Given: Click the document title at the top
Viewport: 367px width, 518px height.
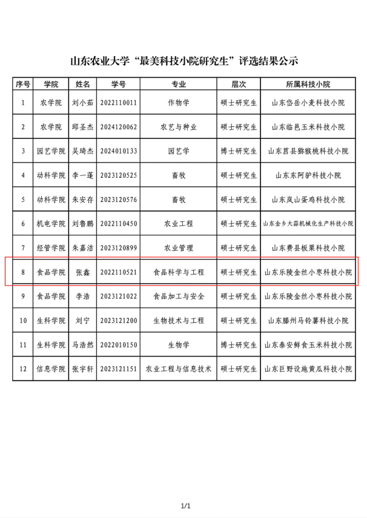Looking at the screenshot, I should point(184,61).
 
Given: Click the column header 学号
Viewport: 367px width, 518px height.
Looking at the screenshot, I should point(119,84).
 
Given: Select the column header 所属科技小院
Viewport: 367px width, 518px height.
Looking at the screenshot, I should point(308,84).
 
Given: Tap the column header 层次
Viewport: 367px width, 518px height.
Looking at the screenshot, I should point(239,84).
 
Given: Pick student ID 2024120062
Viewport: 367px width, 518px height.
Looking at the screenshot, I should point(119,127).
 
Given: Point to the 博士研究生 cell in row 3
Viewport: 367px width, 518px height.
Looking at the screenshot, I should point(239,151).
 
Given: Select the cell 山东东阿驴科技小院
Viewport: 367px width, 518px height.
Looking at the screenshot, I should point(308,175).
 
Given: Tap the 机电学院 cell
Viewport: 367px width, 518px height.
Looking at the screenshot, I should point(50,224).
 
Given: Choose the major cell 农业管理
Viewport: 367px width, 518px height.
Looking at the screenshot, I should point(179,248).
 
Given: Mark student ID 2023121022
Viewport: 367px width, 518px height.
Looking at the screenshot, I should point(119,296).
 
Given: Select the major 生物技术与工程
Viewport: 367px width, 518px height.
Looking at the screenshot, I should point(179,320).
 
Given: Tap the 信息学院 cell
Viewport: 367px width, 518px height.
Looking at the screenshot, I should point(50,369).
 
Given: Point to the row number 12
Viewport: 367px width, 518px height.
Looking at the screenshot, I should point(23,369).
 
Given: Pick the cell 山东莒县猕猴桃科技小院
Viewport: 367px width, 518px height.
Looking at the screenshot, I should point(308,151).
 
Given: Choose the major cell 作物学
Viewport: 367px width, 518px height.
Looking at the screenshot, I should point(179,103).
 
